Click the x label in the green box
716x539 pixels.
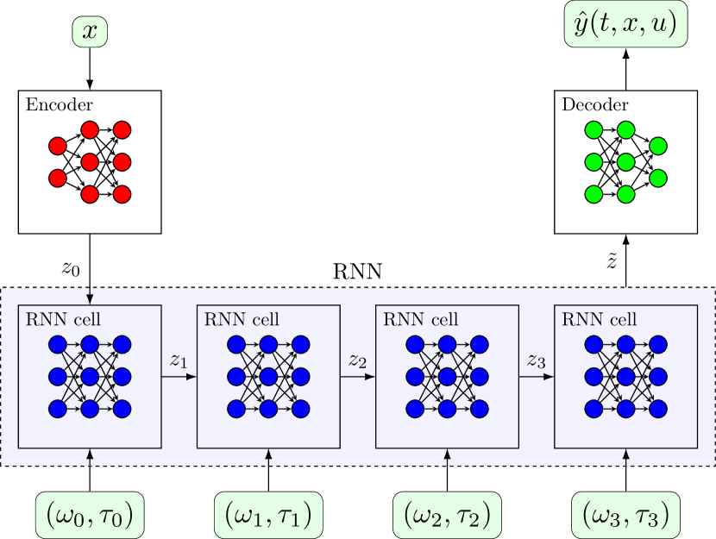pyautogui.click(x=90, y=32)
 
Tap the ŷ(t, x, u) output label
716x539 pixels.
pyautogui.click(x=625, y=26)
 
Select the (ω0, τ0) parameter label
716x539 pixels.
pyautogui.click(x=90, y=515)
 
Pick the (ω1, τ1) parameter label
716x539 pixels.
pyautogui.click(x=267, y=515)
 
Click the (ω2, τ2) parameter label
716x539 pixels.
pyautogui.click(x=447, y=515)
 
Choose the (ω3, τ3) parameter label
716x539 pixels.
pyautogui.click(x=625, y=515)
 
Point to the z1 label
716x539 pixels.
pyautogui.click(x=179, y=361)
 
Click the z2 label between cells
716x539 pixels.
pyautogui.click(x=357, y=361)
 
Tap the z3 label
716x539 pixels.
pyautogui.click(x=536, y=361)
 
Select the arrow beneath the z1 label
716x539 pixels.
pyautogui.click(x=179, y=377)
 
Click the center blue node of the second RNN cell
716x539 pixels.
pyautogui.click(x=268, y=377)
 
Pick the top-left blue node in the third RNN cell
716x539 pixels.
pyautogui.click(x=415, y=345)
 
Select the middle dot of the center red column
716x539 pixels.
pyautogui.click(x=90, y=162)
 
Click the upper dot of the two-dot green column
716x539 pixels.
pyautogui.click(x=657, y=146)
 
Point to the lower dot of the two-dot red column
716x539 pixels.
pyautogui.click(x=58, y=178)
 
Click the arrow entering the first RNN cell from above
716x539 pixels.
pyautogui.click(x=90, y=295)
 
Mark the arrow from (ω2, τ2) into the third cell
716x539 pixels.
pyautogui.click(x=447, y=457)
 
